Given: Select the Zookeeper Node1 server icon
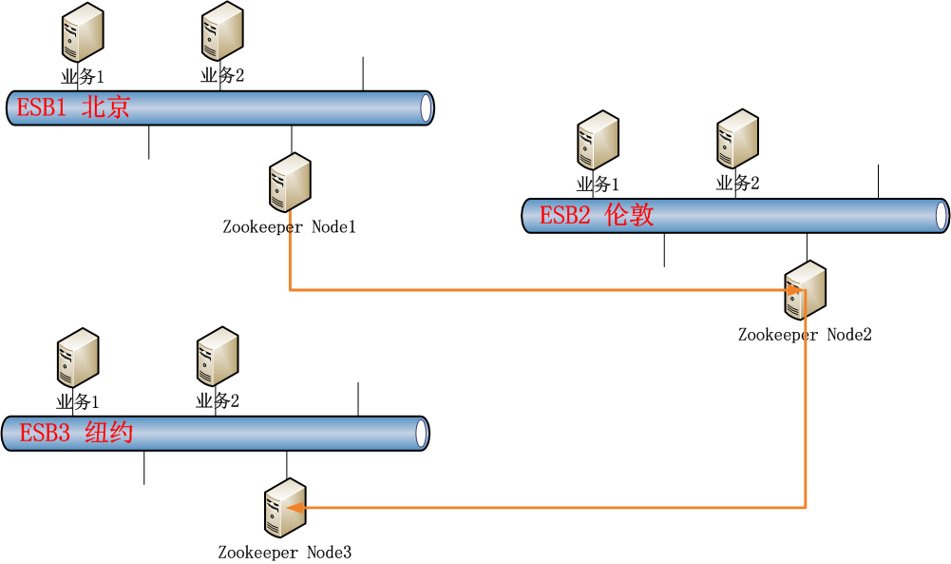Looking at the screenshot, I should coord(290,182).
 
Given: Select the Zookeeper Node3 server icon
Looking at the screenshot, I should coord(285,508).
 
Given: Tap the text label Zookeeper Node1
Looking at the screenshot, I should coord(289,227).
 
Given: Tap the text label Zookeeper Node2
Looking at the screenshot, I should coord(805,335).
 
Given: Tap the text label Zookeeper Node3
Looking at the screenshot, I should coord(285,553).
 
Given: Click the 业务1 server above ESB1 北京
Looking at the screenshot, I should coord(82,32).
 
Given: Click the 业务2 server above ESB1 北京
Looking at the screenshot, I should coord(222,32).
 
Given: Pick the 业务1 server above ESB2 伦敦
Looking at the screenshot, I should coord(599,140).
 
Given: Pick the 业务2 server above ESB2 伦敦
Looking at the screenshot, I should coord(738,140).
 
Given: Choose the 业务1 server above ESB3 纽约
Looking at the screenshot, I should coord(78,358).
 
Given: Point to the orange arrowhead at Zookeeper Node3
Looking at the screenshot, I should coord(295,508).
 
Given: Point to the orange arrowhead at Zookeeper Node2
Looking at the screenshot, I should coord(797,290).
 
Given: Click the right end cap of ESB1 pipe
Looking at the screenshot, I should coord(428,107).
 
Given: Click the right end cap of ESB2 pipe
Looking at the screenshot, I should coord(942,215).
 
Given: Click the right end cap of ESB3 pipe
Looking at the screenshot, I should coord(423,434).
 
